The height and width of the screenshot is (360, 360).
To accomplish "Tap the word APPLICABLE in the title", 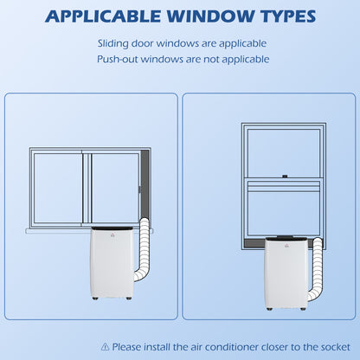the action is click(102, 16).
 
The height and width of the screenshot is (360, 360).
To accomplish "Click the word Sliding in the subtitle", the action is click(112, 44).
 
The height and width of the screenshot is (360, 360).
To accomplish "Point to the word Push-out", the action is click(118, 60).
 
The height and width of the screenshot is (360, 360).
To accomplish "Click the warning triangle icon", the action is click(106, 346).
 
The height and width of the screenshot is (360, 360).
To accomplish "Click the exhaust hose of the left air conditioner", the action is click(143, 250).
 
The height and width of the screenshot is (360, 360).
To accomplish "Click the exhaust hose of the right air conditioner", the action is click(316, 269).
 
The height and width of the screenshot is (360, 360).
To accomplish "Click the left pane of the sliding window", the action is click(57, 188).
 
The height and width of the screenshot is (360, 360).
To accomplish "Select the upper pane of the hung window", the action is click(284, 152).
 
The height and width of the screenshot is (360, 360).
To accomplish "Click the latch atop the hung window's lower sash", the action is click(285, 176).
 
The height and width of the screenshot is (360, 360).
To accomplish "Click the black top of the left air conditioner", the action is click(112, 228).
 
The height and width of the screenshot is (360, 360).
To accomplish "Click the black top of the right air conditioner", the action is click(287, 239).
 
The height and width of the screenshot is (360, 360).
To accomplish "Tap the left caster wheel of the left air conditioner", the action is click(95, 299).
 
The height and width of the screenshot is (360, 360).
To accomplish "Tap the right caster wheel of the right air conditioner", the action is click(303, 309).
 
